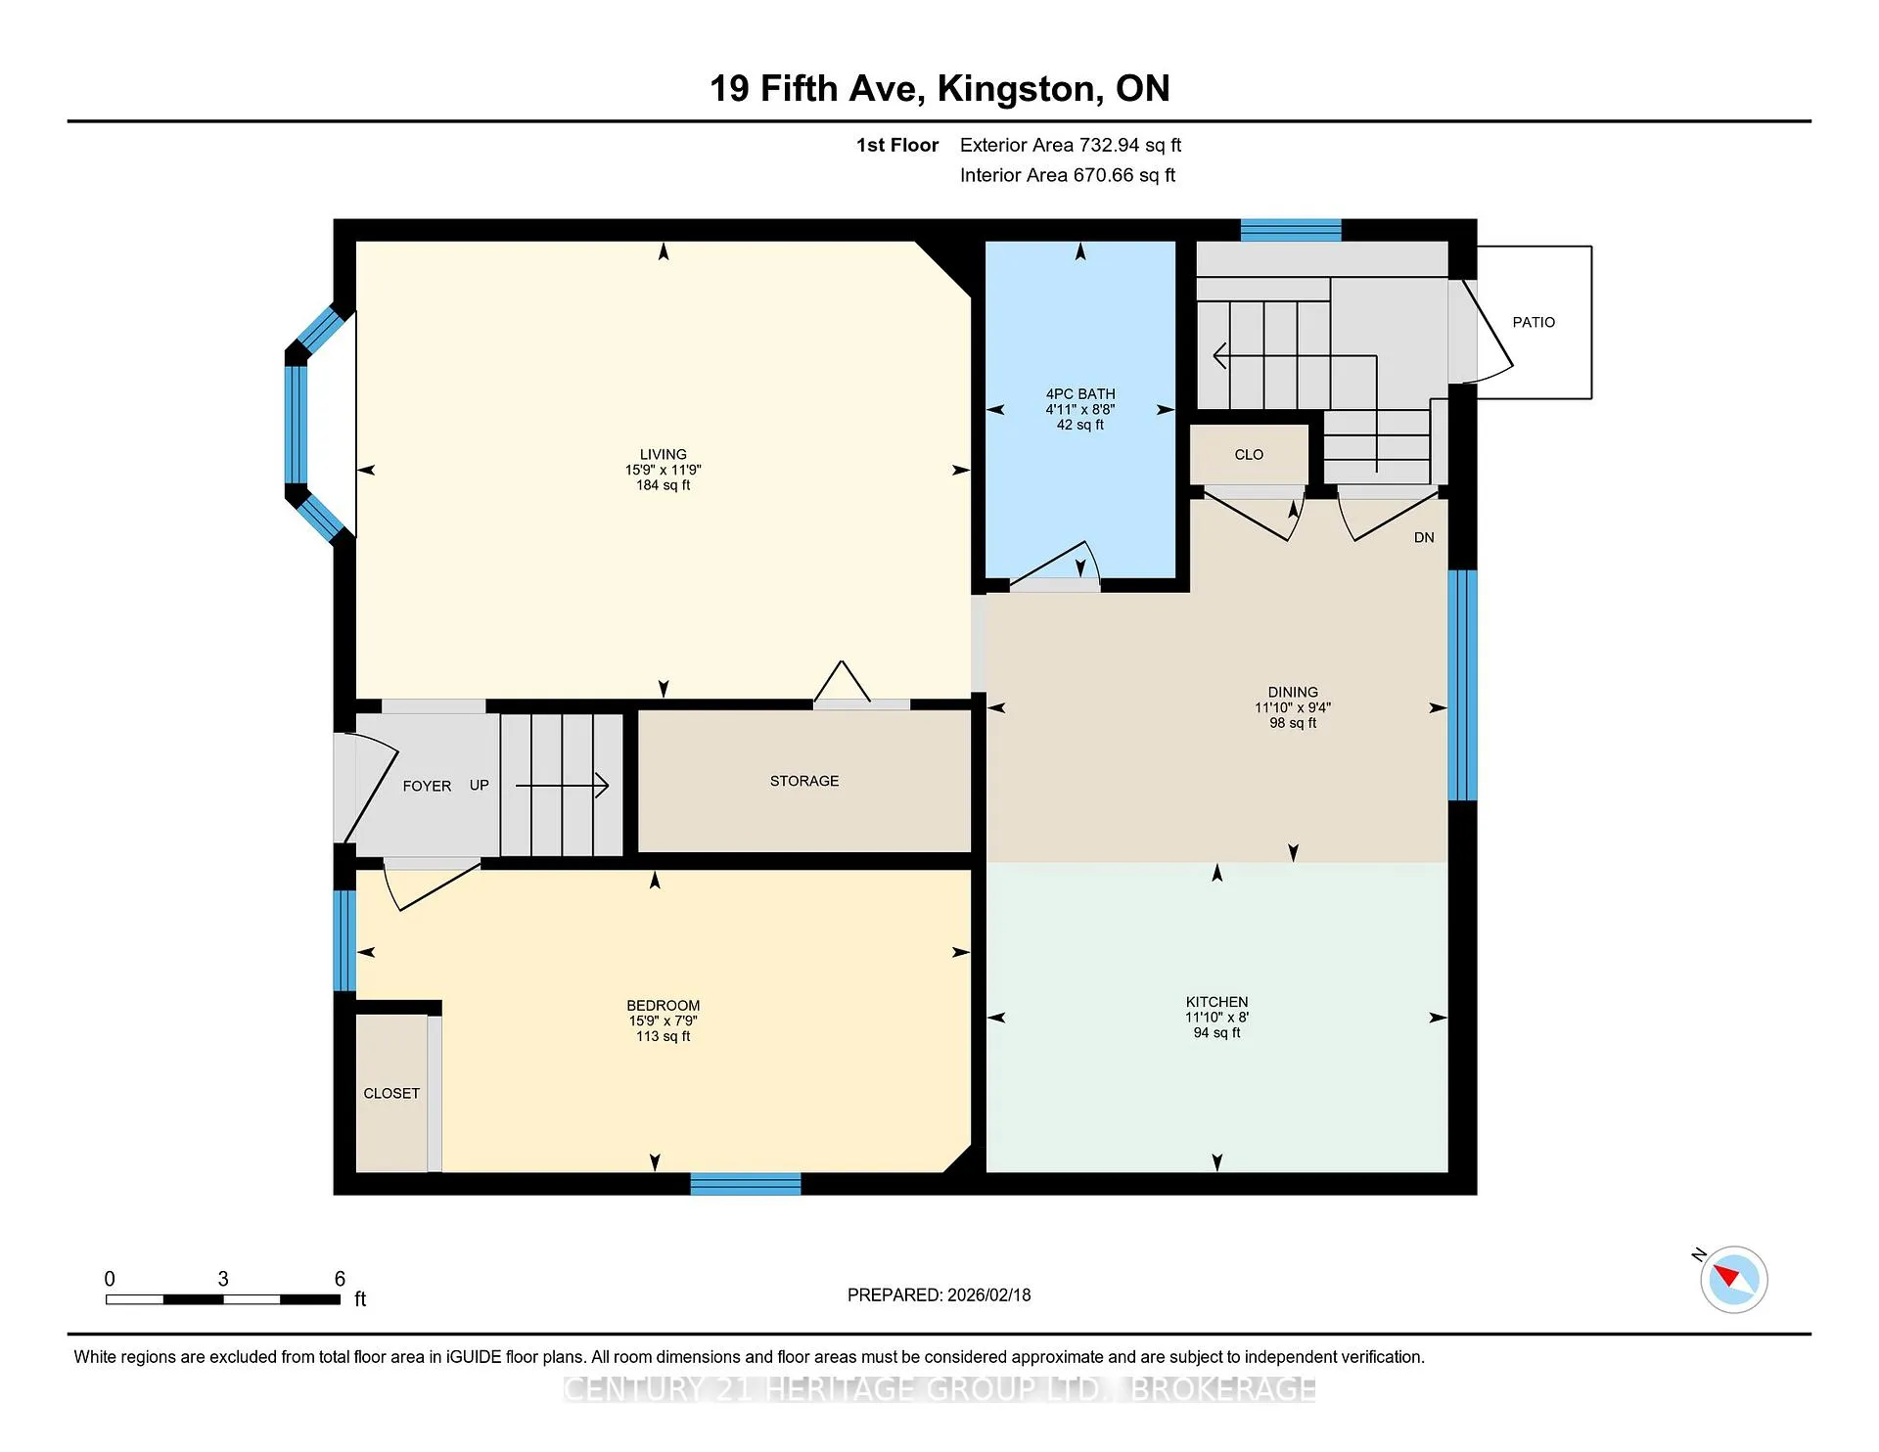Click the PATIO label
tap(1533, 322)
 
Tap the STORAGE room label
tap(804, 781)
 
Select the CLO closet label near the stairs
tap(1249, 454)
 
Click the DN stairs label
tap(1424, 537)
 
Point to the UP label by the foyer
tap(479, 785)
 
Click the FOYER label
tap(427, 786)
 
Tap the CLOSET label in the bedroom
tap(391, 1093)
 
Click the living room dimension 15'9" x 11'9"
tap(664, 470)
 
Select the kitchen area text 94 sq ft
tap(1216, 1032)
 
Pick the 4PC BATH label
tap(1080, 393)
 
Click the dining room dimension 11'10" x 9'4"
tap(1293, 707)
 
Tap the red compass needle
tap(1725, 1274)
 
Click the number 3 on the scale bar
tap(223, 1279)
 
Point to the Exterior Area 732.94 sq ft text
tap(1071, 145)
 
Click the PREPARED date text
tap(939, 1294)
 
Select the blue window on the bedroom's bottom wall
tap(746, 1184)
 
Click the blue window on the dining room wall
tap(1462, 685)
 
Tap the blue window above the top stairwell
tap(1291, 230)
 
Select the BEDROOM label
tap(664, 1005)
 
